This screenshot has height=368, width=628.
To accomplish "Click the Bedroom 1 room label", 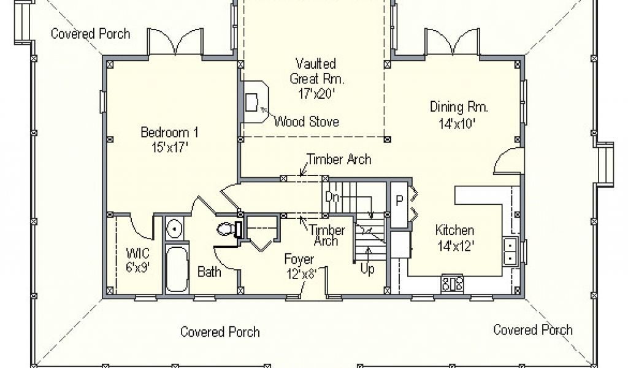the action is click(169, 140).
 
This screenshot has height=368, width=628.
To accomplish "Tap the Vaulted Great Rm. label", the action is click(316, 78).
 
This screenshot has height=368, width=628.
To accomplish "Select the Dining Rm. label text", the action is click(459, 115).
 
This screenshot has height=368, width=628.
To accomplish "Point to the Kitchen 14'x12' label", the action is click(455, 237).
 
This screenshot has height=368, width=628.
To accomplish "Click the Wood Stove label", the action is click(307, 121).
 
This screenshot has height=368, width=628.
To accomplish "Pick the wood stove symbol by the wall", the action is click(255, 102).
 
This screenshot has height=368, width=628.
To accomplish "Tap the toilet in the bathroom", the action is click(227, 229).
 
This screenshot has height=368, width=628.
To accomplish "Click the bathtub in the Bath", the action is click(177, 269).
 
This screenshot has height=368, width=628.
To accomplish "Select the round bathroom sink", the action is click(175, 229).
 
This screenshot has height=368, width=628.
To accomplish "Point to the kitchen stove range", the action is click(452, 283).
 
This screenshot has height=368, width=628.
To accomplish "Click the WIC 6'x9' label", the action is click(138, 260).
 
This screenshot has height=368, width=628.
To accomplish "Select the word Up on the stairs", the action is click(367, 269).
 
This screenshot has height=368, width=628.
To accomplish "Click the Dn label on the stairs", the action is click(332, 197).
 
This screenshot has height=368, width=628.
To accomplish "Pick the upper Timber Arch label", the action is click(339, 159).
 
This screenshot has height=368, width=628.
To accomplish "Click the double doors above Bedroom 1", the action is click(175, 42).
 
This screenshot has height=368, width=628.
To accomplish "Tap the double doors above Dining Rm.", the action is click(452, 42).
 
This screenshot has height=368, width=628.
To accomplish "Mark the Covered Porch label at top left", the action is click(91, 34).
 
